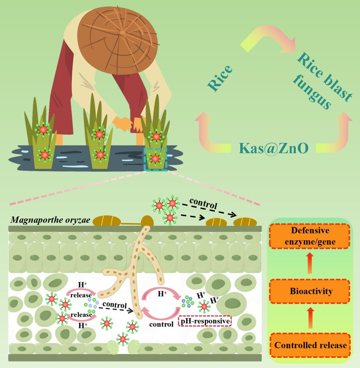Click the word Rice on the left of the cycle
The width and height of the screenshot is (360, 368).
[x=220, y=78]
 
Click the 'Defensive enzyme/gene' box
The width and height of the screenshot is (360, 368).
[x=310, y=237]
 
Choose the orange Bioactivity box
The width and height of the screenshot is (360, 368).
[x=310, y=291]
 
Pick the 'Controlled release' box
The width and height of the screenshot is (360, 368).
[x=310, y=345]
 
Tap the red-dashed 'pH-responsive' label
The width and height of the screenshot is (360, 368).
[x=205, y=321]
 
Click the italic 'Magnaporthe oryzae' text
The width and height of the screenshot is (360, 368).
[x=50, y=220]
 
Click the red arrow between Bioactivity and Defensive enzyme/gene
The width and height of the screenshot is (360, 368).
[x=310, y=264]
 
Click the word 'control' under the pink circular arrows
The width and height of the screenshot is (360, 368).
[x=161, y=324]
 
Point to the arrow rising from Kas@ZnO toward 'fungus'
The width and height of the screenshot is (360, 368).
[x=341, y=132]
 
